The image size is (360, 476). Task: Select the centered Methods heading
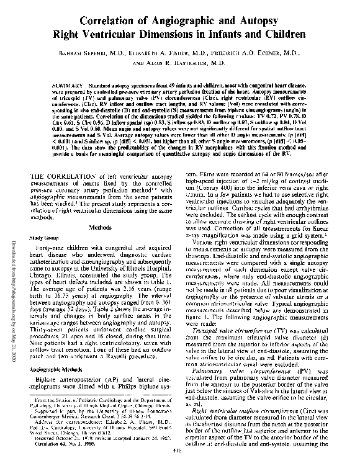tap(100, 228)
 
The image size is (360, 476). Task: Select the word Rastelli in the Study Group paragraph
tap(114, 358)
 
